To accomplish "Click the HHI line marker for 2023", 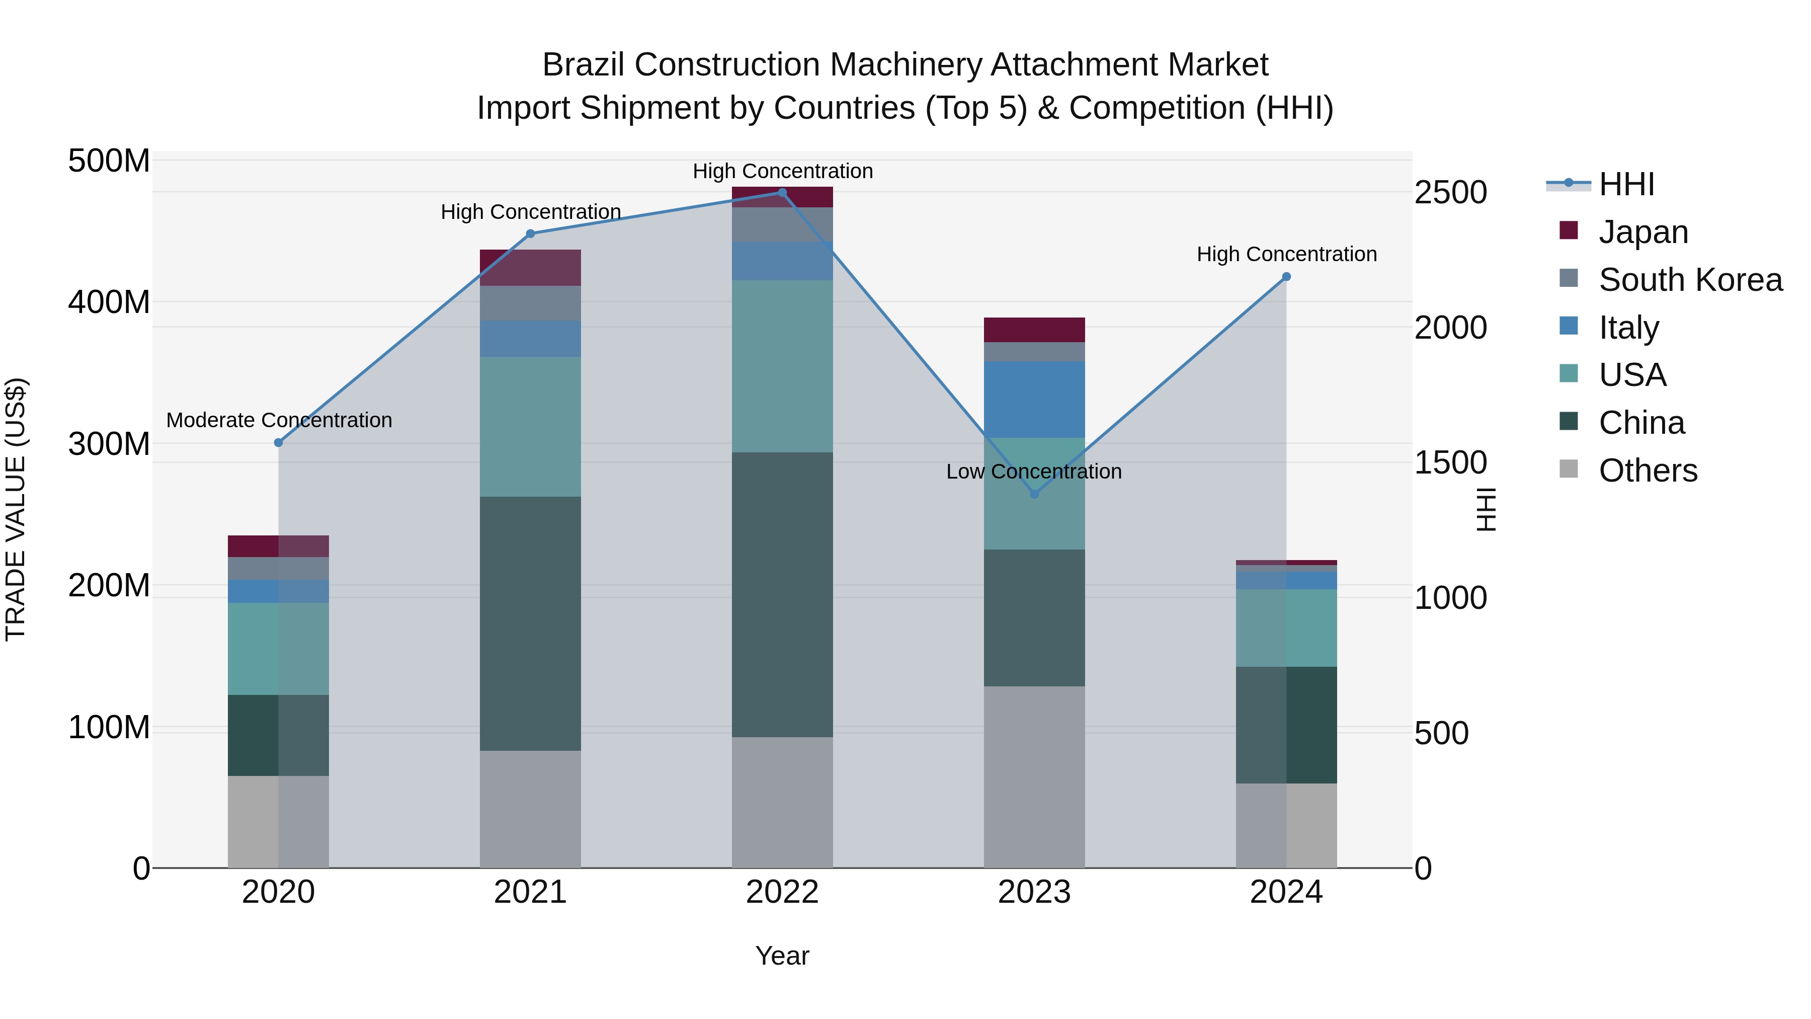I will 1034,494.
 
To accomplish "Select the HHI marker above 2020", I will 278,442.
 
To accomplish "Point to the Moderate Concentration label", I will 279,421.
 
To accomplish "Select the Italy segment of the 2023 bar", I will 1034,400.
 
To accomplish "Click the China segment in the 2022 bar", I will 782,594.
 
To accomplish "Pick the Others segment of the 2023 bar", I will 1034,776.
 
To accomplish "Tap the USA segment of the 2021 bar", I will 530,426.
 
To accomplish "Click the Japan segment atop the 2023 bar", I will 1034,330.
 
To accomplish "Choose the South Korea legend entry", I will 1690,280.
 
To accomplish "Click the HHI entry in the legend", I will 1625,185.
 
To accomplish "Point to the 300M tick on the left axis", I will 109,444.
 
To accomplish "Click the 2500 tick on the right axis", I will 1450,193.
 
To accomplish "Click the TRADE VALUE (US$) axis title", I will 16,509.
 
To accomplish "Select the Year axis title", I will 782,957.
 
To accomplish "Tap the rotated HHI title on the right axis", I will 1486,509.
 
